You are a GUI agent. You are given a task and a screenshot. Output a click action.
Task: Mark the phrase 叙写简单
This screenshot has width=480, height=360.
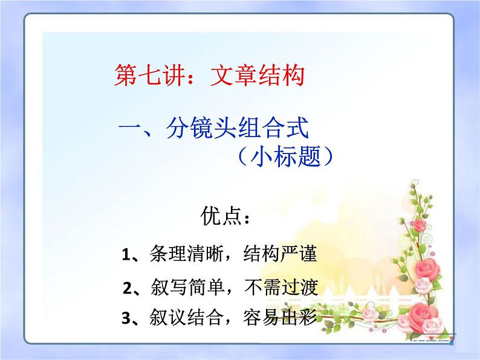point(175,286)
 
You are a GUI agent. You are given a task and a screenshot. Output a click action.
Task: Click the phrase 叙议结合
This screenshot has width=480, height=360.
point(175,318)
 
